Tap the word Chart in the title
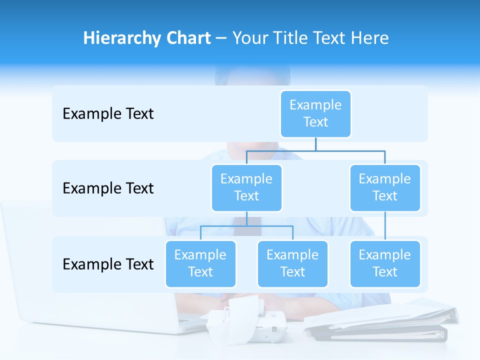(x=187, y=38)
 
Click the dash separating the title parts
(x=221, y=39)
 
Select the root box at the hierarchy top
(x=315, y=113)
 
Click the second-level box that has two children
(x=246, y=187)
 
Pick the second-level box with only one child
(x=385, y=187)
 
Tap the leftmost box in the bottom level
(x=200, y=263)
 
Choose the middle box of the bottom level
(x=292, y=263)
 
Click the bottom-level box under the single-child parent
(x=385, y=263)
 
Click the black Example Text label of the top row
(x=108, y=114)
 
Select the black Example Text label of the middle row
(x=108, y=188)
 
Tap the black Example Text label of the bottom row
(x=108, y=264)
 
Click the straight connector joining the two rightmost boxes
(x=385, y=226)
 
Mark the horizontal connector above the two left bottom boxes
(x=246, y=226)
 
